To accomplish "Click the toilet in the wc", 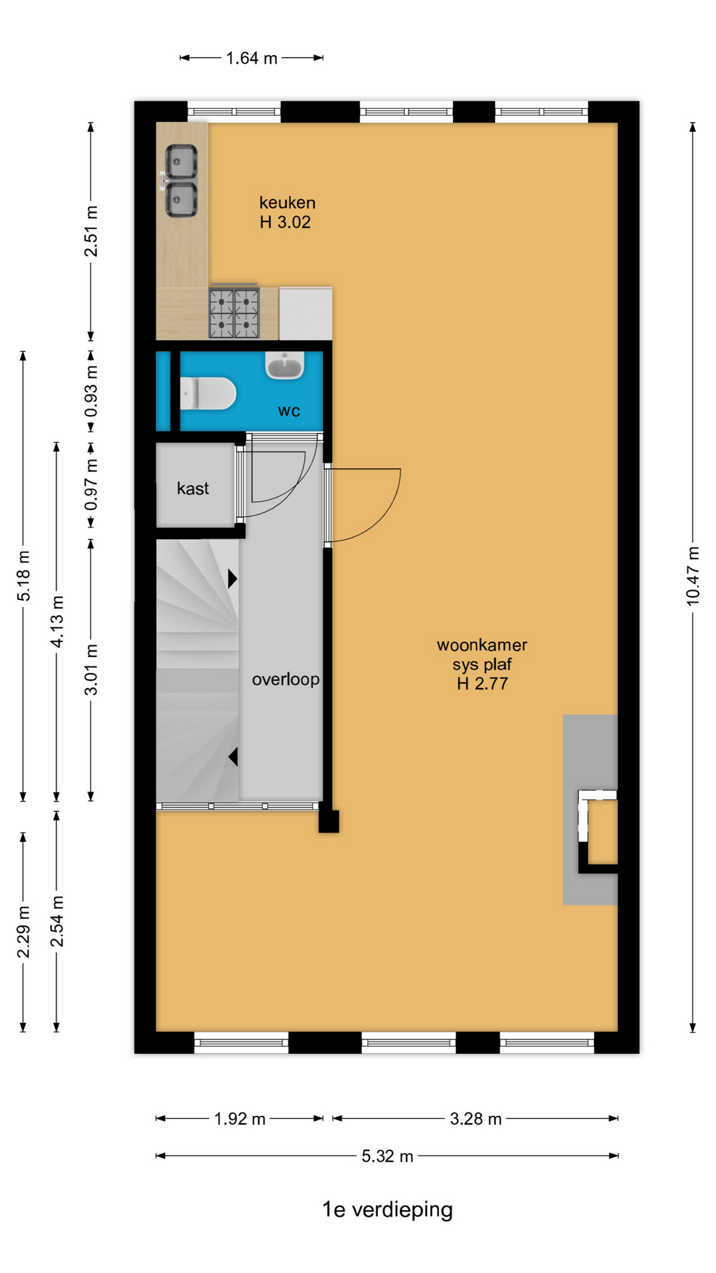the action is point(208,393).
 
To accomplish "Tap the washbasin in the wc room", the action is point(285,365).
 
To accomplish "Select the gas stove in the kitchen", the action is point(234,312).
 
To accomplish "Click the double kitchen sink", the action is point(180,181).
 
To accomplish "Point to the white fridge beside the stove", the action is point(306,313).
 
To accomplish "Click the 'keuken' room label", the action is point(287,202).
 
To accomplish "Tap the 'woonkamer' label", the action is point(482,644).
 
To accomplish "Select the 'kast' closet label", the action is point(193,489).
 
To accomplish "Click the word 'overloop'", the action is point(286,679).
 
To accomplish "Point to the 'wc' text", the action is point(289,411).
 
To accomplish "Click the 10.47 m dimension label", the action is point(693,576).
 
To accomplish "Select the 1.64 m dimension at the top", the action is point(252,58).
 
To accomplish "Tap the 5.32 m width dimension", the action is point(387,1156).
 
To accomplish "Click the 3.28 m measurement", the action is point(476,1119).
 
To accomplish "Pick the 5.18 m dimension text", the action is point(24,576).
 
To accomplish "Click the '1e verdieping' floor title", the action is point(387,1210).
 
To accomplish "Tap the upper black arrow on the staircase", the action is point(233,579).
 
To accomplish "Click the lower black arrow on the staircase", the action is point(233,757).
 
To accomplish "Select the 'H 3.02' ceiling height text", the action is point(285,222).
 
